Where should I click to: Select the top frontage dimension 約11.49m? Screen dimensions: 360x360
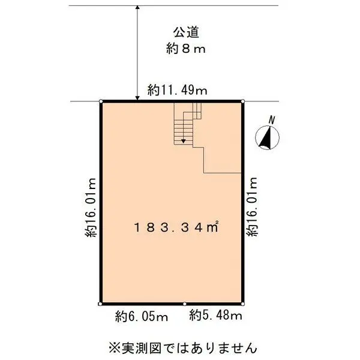178,91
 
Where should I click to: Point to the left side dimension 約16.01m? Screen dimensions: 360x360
91,208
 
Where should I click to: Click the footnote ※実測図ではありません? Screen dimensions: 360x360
182,347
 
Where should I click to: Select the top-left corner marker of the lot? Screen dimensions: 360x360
101,101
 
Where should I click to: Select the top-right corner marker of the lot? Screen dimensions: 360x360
243,101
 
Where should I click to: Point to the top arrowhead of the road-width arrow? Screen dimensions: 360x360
137,8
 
